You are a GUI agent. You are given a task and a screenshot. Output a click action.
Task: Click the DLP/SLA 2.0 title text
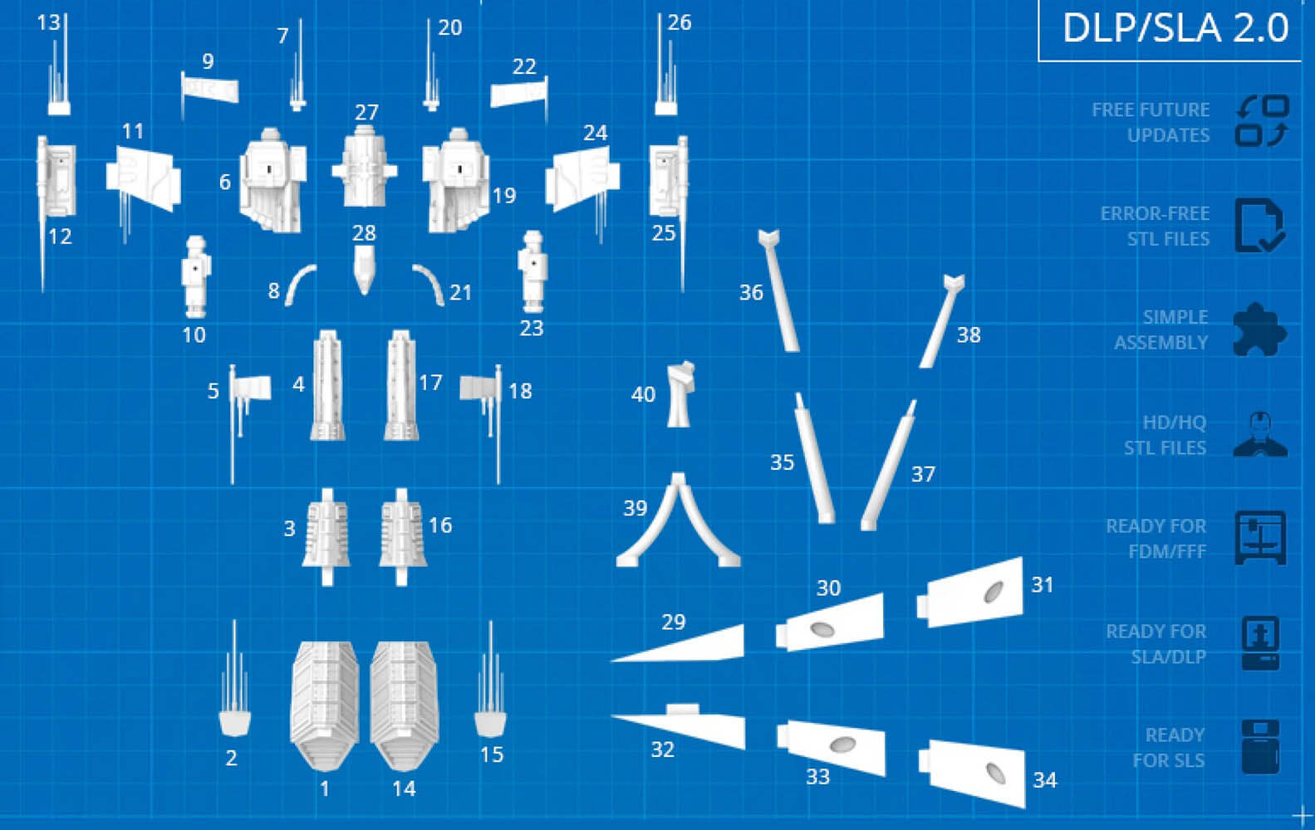point(1175,27)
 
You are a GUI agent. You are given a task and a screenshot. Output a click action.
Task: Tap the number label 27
point(366,111)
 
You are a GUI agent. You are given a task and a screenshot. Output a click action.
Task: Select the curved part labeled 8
point(299,284)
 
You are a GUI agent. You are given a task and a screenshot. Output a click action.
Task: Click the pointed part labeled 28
point(364,270)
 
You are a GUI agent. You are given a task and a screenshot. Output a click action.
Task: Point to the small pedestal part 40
point(680,394)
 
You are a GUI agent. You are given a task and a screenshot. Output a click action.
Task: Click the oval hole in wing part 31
point(994,593)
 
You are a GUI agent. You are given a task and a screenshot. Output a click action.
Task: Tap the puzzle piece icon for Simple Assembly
point(1260,329)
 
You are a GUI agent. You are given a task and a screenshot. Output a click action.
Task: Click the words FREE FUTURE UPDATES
point(1151,122)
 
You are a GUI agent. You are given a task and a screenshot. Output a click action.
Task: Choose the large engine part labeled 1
point(324,705)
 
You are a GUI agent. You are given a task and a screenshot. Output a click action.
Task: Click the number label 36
point(751,292)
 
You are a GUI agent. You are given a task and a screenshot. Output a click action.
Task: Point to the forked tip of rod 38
point(954,283)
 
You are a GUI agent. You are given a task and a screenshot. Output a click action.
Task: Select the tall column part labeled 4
point(327,385)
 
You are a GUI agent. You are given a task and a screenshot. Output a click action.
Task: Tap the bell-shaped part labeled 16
point(402,537)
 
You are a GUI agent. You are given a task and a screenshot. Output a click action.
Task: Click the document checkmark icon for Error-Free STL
point(1260,226)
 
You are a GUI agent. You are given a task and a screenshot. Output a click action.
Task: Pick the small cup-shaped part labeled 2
point(235,723)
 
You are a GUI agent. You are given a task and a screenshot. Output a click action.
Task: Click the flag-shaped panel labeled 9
point(209,89)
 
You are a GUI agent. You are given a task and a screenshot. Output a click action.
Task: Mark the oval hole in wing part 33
point(842,745)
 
